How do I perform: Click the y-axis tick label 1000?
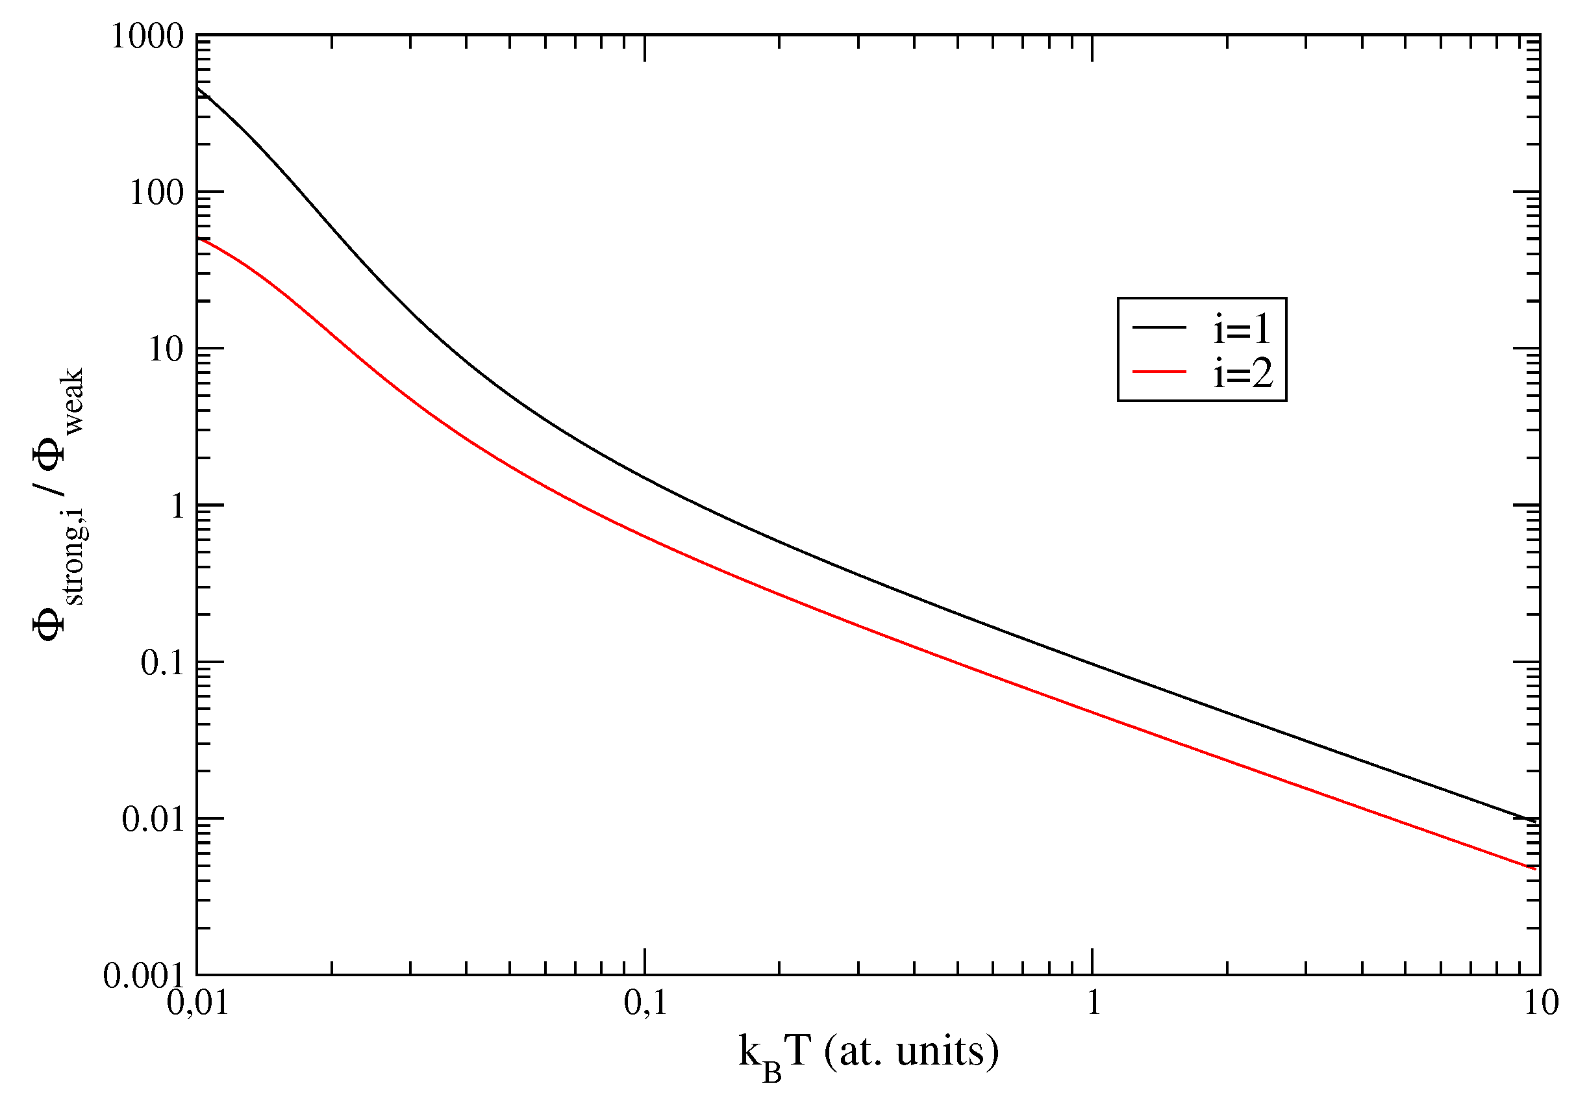tap(147, 36)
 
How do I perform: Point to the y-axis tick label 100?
tap(157, 193)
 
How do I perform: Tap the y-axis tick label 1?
tap(177, 507)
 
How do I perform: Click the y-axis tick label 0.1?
tap(162, 663)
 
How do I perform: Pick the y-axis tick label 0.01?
tap(153, 820)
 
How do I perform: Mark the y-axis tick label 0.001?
tap(143, 976)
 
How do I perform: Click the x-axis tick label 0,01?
tap(197, 1004)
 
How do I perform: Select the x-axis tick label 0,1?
tap(645, 1004)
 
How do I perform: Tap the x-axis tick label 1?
tap(1094, 1004)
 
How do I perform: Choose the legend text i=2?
tap(1242, 373)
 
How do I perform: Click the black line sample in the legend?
tap(1159, 327)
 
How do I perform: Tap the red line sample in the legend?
tap(1159, 372)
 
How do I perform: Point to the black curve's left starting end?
tap(198, 88)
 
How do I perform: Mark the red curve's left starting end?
tap(198, 238)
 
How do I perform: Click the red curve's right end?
tap(1535, 868)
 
